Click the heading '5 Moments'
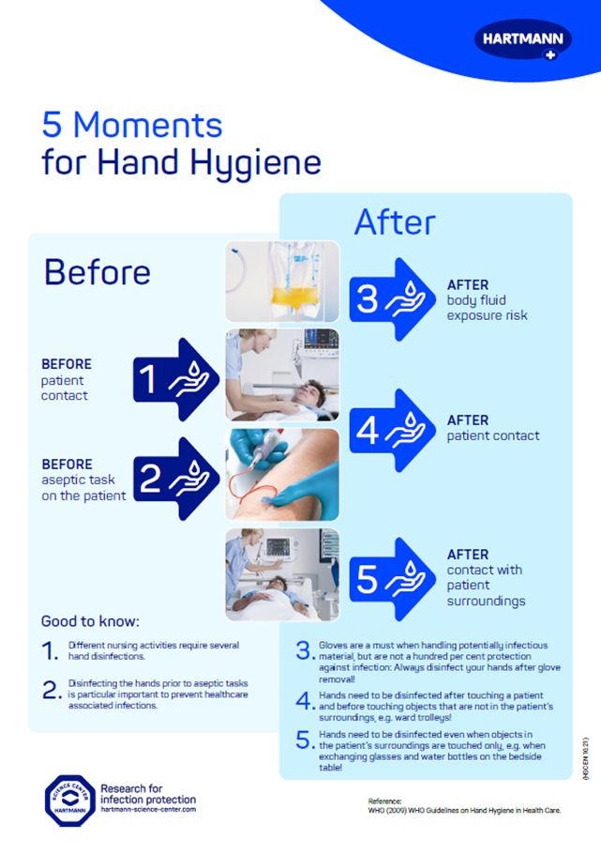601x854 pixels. click(132, 125)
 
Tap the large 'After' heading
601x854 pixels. click(394, 221)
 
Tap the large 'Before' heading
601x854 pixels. click(97, 271)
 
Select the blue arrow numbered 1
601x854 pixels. click(174, 379)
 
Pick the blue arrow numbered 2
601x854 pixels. click(174, 479)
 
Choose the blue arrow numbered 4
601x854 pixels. click(395, 430)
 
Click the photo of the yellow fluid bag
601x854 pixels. click(281, 281)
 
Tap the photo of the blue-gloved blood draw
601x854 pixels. click(281, 474)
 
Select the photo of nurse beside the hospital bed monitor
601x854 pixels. click(281, 574)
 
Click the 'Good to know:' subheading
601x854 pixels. click(89, 621)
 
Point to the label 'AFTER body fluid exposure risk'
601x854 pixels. click(487, 300)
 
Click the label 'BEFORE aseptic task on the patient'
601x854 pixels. click(83, 480)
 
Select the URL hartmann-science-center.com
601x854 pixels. click(148, 782)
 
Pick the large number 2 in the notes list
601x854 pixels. click(52, 690)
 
